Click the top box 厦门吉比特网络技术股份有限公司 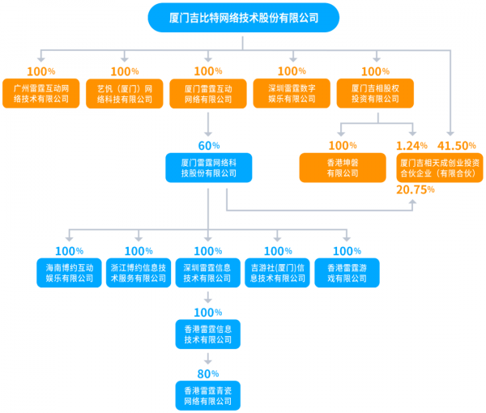tap(244, 17)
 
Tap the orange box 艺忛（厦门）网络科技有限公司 tap(125, 92)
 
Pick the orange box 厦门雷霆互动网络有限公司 tap(208, 92)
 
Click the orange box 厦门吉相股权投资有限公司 tap(375, 92)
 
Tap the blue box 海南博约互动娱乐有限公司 tap(70, 273)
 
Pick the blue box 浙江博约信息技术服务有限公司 tap(139, 273)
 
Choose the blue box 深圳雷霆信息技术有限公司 tap(209, 273)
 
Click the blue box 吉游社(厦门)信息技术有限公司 tap(278, 273)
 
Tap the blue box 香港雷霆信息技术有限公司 tap(209, 334)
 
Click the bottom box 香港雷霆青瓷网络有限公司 tap(209, 395)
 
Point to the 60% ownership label tap(209, 146)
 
